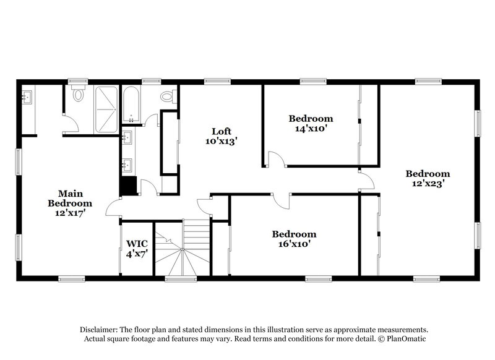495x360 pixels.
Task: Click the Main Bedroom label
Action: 70,198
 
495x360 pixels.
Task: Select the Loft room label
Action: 222,131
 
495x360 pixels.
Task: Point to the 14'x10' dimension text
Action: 311,129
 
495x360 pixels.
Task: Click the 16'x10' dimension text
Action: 294,244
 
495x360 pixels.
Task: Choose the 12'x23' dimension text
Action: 428,183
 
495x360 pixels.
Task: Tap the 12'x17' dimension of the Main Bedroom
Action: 70,212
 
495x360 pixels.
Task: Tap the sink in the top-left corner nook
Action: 27,98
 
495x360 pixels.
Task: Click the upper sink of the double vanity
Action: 128,137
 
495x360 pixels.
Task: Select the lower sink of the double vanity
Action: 128,164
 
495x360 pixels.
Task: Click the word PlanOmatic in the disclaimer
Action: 408,339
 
